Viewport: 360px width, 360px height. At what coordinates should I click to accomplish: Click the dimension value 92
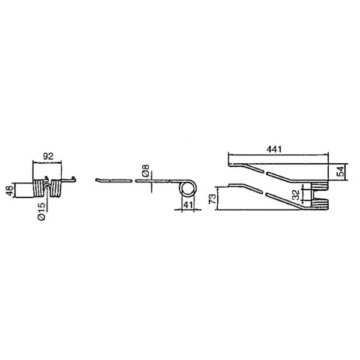48,157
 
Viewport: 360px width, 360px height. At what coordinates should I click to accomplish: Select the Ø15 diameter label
41,211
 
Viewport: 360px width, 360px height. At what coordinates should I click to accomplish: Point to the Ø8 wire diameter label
146,170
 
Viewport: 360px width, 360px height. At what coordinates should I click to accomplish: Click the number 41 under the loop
188,205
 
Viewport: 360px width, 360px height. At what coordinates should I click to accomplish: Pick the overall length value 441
274,149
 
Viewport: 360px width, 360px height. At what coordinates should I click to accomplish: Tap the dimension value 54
341,171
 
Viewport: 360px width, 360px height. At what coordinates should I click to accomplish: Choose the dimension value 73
212,199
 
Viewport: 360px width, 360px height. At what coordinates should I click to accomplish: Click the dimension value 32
296,194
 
